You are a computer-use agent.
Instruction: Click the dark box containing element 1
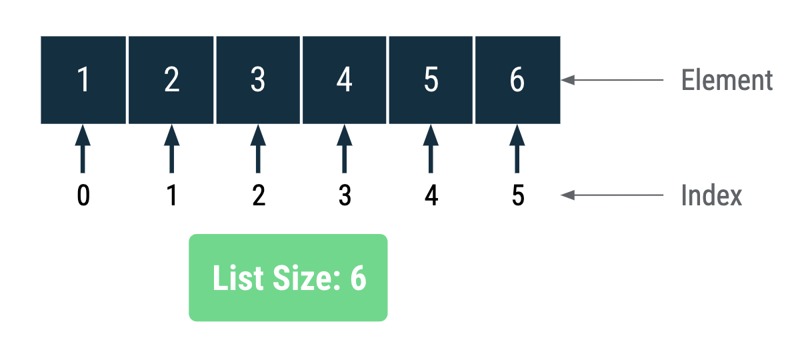coord(83,80)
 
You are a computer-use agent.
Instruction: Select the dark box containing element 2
coord(171,80)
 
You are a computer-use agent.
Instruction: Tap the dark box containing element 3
coord(258,80)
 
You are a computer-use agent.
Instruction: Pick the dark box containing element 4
coord(344,80)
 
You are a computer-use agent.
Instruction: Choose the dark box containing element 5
coord(431,80)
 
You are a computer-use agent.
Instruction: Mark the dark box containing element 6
coord(517,80)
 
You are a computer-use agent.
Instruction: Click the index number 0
coord(83,196)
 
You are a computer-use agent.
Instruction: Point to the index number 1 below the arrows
coord(172,196)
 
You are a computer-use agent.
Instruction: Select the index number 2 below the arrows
coord(259,196)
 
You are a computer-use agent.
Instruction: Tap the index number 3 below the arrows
coord(345,196)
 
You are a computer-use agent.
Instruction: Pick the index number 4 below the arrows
coord(431,196)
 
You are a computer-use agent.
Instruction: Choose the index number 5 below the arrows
coord(518,196)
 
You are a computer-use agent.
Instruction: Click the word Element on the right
coord(727,81)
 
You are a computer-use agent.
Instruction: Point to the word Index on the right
coord(711,196)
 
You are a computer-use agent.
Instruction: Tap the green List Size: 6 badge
coord(288,277)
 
